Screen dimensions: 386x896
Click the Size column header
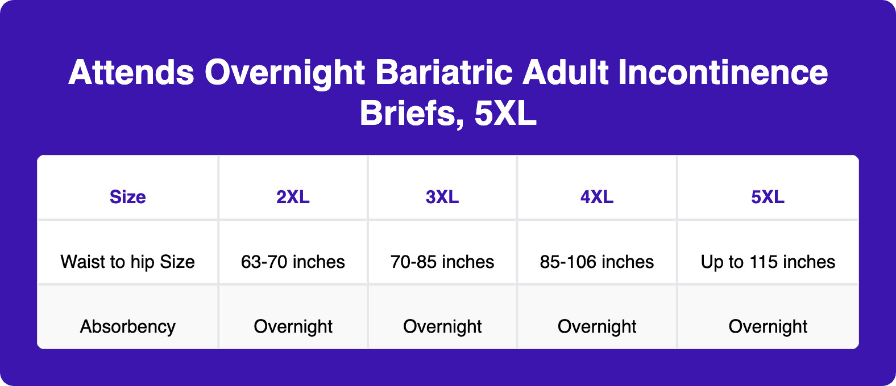tap(128, 197)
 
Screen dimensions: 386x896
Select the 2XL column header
tap(293, 197)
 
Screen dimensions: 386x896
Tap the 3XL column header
tap(442, 197)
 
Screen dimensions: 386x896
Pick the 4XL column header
tap(597, 197)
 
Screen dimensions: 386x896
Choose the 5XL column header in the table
tap(768, 197)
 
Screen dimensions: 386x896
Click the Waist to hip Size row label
tap(128, 262)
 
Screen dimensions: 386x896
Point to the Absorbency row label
tap(128, 326)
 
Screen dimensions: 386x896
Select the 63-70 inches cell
tap(293, 262)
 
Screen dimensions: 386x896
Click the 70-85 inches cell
tap(442, 262)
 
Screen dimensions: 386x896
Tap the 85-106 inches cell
tap(597, 262)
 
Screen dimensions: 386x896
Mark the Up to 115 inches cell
tap(768, 262)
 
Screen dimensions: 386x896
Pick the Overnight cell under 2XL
tap(293, 326)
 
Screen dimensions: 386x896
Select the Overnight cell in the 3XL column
tap(442, 326)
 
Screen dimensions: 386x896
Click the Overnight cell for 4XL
tap(597, 326)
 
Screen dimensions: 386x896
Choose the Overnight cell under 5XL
tap(768, 326)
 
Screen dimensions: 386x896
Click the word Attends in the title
tap(131, 73)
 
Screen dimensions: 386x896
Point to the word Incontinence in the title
tap(723, 73)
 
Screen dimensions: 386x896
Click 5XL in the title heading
tap(505, 113)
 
